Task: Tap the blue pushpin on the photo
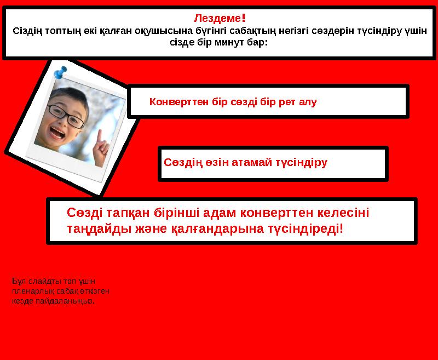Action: (x=60, y=72)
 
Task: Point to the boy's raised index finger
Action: (x=100, y=137)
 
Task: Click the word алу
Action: (x=308, y=102)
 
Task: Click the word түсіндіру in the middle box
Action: (x=302, y=162)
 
